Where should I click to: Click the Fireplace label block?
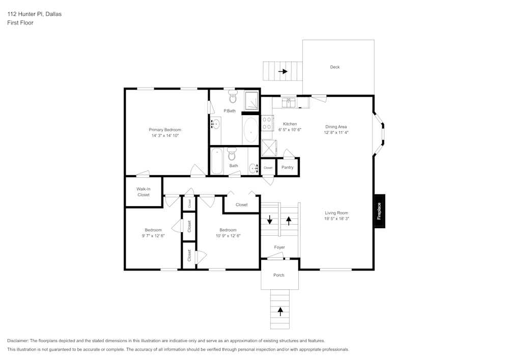pyautogui.click(x=379, y=211)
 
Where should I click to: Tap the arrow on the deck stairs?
pyautogui.click(x=282, y=71)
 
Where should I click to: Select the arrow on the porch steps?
pyautogui.click(x=279, y=309)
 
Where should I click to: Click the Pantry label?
pyautogui.click(x=288, y=168)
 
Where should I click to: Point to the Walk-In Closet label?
pyautogui.click(x=144, y=191)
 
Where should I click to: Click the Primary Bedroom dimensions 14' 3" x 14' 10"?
pyautogui.click(x=165, y=135)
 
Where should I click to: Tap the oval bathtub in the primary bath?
pyautogui.click(x=250, y=130)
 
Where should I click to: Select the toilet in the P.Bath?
pyautogui.click(x=233, y=97)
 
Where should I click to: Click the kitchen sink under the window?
pyautogui.click(x=290, y=103)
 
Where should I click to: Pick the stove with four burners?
pyautogui.click(x=267, y=124)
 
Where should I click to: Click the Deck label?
pyautogui.click(x=334, y=67)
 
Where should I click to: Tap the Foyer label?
pyautogui.click(x=279, y=247)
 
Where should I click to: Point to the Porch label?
pyautogui.click(x=278, y=275)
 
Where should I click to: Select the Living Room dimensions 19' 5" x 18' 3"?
pyautogui.click(x=336, y=218)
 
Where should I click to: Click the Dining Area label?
pyautogui.click(x=336, y=127)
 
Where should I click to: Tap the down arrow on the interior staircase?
pyautogui.click(x=270, y=220)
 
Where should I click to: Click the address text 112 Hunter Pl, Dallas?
pyautogui.click(x=34, y=14)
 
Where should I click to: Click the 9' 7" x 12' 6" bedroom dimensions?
pyautogui.click(x=153, y=236)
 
